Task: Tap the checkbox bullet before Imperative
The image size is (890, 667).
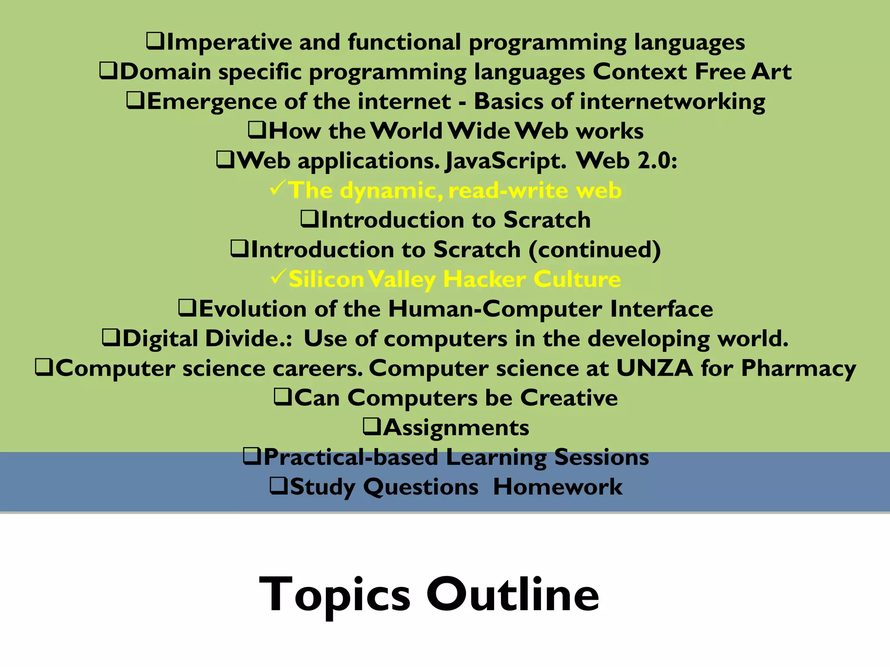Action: (x=155, y=42)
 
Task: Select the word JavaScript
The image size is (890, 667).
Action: (x=505, y=161)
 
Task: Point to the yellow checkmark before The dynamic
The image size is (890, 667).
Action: (x=278, y=188)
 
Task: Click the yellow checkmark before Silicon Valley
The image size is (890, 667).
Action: (x=278, y=277)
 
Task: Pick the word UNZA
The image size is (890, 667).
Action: (x=654, y=368)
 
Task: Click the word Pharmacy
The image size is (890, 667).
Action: (x=798, y=369)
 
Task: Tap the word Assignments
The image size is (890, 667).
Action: (x=456, y=428)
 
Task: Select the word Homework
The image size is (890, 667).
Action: (x=558, y=487)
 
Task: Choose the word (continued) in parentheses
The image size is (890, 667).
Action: (x=594, y=250)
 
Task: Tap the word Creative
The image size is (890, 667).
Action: (x=569, y=398)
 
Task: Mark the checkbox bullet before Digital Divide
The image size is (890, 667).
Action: (x=111, y=338)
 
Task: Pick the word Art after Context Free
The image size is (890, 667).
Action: (x=771, y=72)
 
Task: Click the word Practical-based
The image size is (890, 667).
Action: (x=351, y=457)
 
